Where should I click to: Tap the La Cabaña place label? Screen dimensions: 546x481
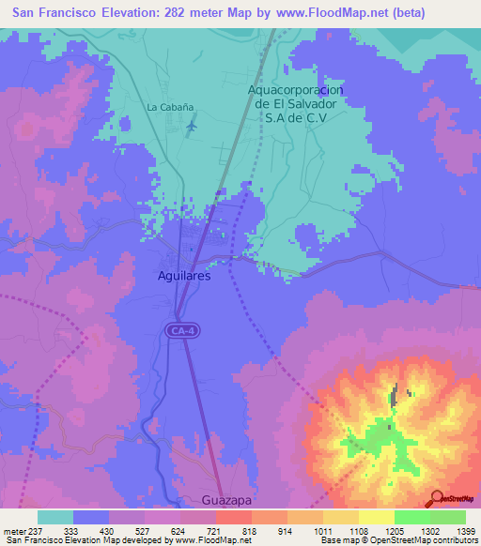[165, 107]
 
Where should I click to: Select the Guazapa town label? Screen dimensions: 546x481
[227, 501]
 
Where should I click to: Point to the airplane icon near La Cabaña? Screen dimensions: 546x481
[192, 125]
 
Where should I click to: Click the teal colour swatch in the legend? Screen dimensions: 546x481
[55, 517]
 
